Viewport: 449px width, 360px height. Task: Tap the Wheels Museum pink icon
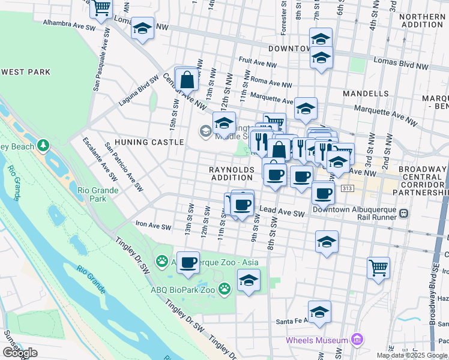point(357,340)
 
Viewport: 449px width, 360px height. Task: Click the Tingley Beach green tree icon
point(43,145)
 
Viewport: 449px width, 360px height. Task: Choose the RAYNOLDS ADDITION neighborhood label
point(232,174)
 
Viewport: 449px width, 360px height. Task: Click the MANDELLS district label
point(366,94)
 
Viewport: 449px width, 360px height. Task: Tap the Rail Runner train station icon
point(404,213)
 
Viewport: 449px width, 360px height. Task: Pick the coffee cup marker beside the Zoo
point(188,262)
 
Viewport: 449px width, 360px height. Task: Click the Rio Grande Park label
point(98,195)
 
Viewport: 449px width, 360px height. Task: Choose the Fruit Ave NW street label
point(258,61)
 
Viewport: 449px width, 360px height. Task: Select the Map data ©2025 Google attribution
point(412,355)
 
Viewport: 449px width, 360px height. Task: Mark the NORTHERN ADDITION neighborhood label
point(420,20)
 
